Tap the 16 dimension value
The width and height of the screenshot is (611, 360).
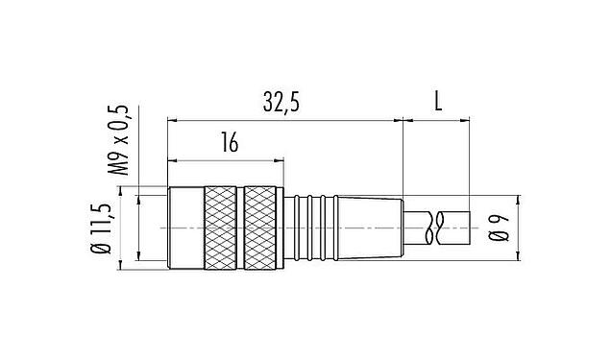[x=228, y=143]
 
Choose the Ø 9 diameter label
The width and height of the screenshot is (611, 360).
[x=498, y=228]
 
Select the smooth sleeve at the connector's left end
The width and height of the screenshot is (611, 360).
[x=183, y=227]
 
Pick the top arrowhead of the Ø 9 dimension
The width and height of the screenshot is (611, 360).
[x=519, y=203]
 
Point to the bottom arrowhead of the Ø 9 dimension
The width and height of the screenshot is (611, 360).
[x=519, y=252]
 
